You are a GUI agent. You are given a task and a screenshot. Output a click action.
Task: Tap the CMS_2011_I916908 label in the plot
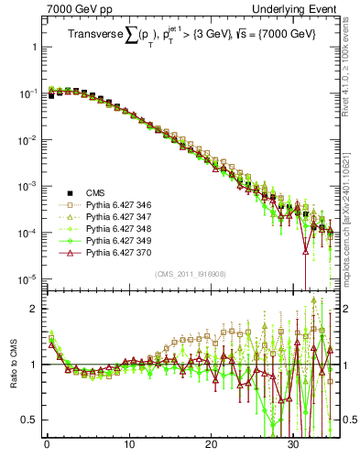191,274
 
